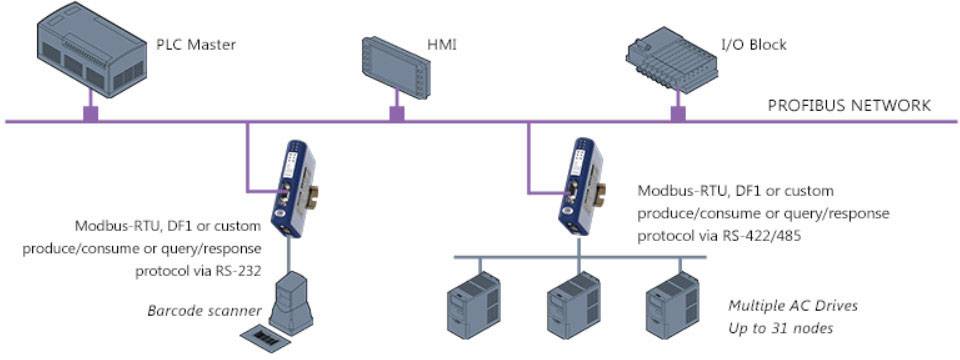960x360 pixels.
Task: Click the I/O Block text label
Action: click(754, 44)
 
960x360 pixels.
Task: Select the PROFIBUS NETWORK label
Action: click(849, 105)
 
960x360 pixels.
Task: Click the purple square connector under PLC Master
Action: click(90, 114)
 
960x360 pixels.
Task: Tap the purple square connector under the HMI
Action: click(396, 114)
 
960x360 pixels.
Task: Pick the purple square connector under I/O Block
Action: click(678, 114)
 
